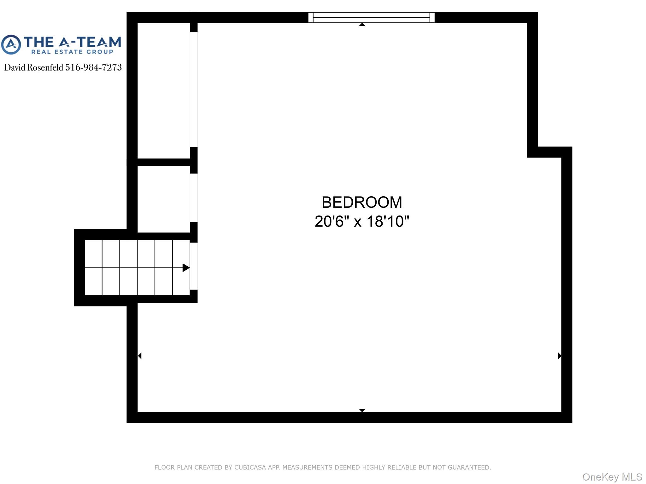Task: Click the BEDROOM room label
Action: click(362, 202)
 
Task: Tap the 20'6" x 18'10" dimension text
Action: click(362, 221)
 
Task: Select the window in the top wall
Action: click(371, 18)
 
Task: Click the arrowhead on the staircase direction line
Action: click(186, 268)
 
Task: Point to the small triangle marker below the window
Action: click(362, 25)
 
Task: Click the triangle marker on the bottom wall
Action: click(362, 410)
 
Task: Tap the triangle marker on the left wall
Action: click(140, 356)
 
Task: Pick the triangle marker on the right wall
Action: click(560, 356)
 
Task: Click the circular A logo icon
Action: click(11, 45)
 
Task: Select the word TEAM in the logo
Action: click(99, 42)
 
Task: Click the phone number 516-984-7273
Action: click(93, 67)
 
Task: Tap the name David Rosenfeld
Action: click(34, 67)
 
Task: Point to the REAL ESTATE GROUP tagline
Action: click(72, 52)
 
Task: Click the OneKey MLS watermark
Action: click(612, 477)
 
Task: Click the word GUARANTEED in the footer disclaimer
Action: click(469, 467)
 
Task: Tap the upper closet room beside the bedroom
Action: click(164, 91)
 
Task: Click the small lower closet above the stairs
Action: click(164, 199)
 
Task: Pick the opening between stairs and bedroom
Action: click(194, 266)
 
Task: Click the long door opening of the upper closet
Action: click(194, 89)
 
